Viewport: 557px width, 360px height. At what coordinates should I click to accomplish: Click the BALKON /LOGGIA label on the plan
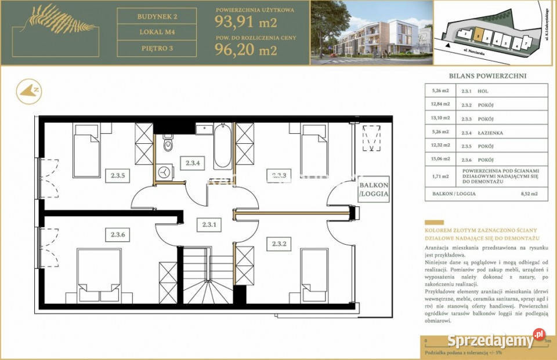373,190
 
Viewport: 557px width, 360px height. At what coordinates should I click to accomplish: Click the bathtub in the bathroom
222,147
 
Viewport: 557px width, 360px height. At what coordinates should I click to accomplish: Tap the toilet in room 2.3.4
168,144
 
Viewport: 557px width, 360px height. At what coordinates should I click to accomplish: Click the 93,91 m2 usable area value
245,24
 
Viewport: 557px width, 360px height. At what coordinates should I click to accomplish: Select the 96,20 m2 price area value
245,50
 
